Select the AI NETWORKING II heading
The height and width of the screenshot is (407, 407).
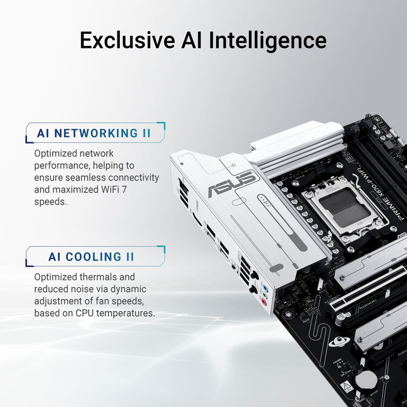[94, 133]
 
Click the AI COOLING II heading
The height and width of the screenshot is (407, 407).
[91, 257]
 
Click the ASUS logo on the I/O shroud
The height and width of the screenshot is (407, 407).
[233, 182]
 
